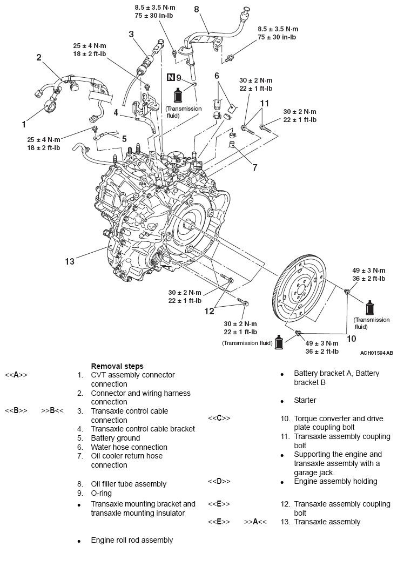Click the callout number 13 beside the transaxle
coord(69,261)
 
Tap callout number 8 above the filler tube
coord(196,9)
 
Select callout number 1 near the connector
coord(24,124)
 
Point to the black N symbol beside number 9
coord(171,78)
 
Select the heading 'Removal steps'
coord(117,366)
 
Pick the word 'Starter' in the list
coord(305,400)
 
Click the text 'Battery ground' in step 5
coord(115,438)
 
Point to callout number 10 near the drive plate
coord(352,339)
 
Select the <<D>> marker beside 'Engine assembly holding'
coord(219,481)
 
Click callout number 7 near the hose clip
coord(254,167)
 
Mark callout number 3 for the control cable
coord(131,34)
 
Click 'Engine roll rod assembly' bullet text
coord(132,540)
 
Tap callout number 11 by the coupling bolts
coord(264,103)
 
